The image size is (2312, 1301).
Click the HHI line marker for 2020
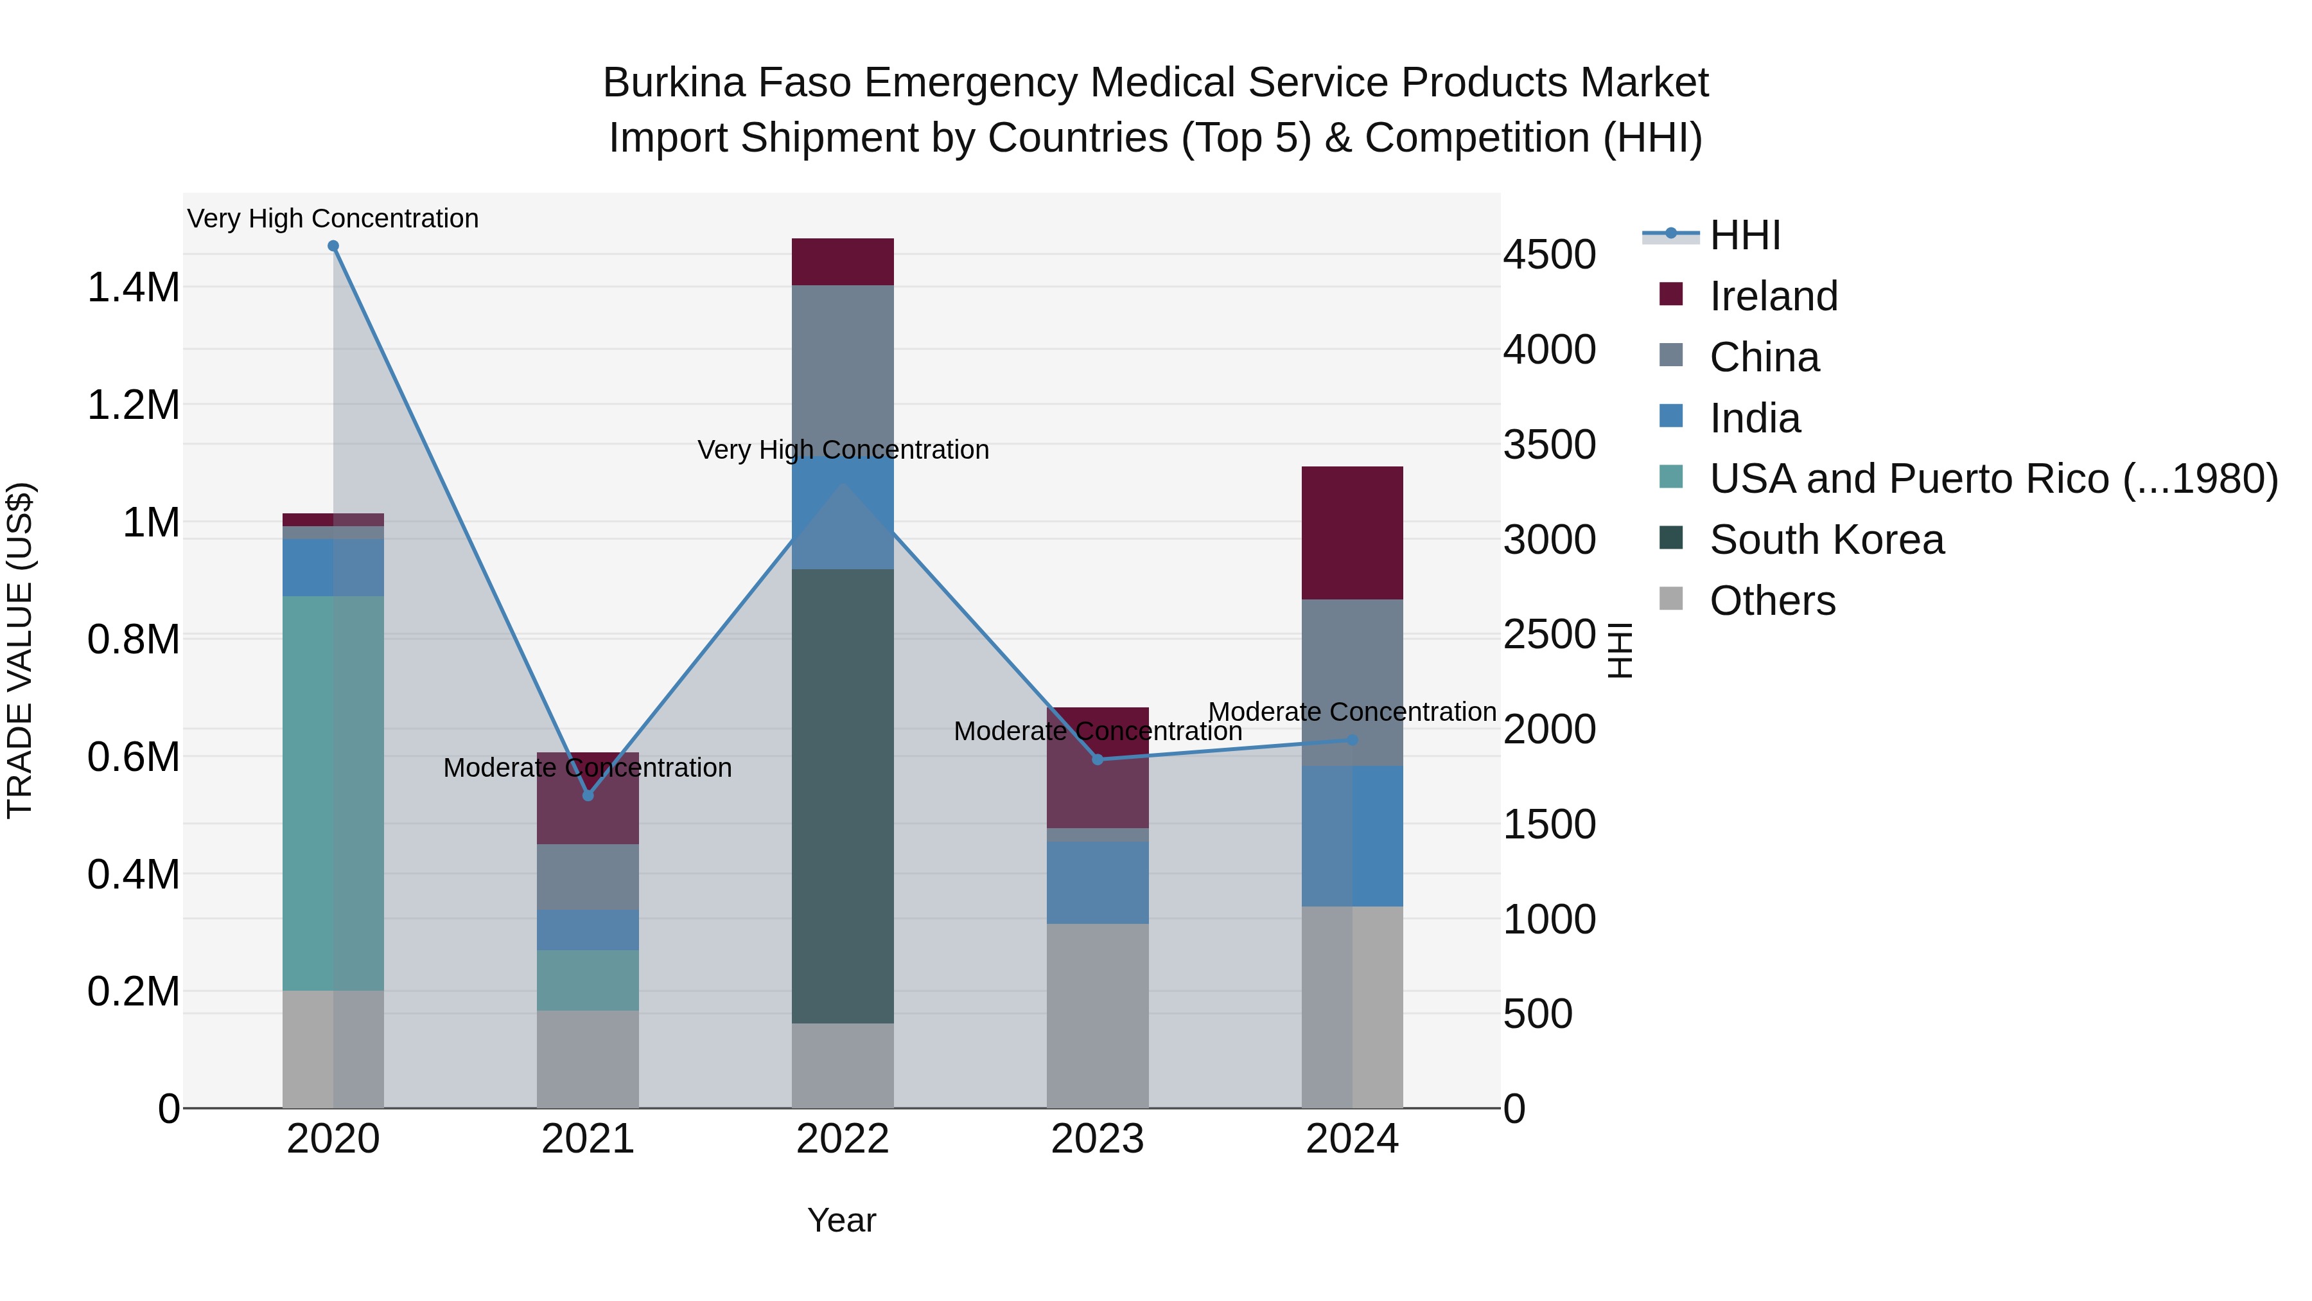pos(333,246)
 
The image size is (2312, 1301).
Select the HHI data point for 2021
pos(588,795)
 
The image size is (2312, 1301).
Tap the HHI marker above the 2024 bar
pos(1353,740)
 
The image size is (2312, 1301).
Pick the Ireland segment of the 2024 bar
pos(1352,533)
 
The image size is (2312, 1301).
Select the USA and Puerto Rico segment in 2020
pos(333,793)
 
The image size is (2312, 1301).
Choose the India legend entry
pos(1754,418)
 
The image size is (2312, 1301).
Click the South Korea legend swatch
pos(1671,539)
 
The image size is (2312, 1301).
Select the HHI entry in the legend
pos(1744,235)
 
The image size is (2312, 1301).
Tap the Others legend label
pos(1772,601)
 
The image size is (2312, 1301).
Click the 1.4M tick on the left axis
pos(133,288)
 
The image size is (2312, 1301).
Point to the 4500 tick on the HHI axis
pos(1549,255)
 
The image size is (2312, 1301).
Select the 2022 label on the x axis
pos(842,1139)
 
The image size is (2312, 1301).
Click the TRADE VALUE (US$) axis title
pos(20,650)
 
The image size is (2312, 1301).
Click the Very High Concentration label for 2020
pos(333,218)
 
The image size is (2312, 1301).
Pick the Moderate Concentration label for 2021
pos(587,768)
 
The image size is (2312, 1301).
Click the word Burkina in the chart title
pos(674,83)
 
